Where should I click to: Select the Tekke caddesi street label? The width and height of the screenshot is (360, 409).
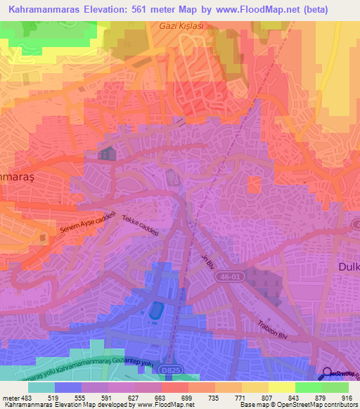pos(139,225)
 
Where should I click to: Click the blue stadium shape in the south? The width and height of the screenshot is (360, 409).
pos(155,309)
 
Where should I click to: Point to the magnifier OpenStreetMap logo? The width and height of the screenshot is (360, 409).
pos(328,375)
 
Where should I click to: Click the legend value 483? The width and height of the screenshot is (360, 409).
pos(25,397)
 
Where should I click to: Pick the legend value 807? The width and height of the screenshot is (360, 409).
pos(265,397)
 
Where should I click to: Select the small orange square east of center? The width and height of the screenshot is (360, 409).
pos(255,186)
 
